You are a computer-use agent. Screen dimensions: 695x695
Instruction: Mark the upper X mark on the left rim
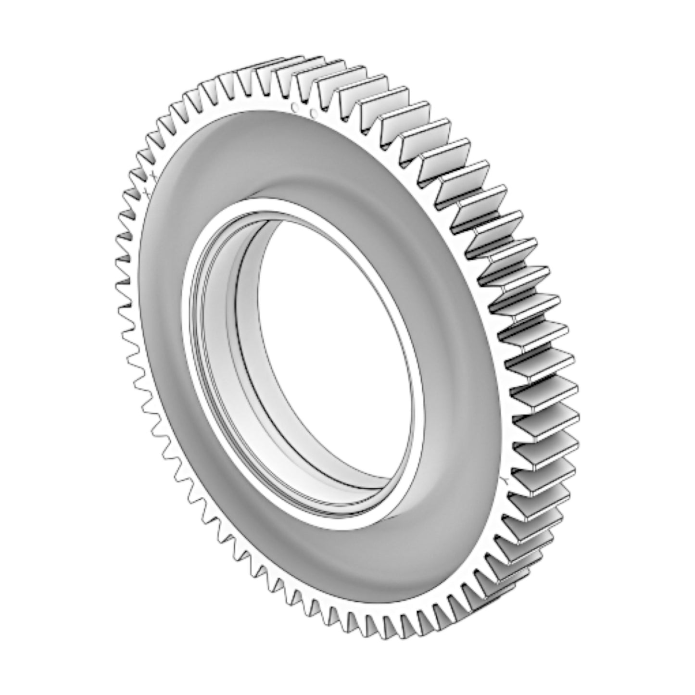(x=152, y=173)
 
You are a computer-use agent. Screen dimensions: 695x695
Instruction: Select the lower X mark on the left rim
(x=146, y=192)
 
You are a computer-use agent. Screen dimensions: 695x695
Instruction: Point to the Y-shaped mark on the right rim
(x=505, y=480)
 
